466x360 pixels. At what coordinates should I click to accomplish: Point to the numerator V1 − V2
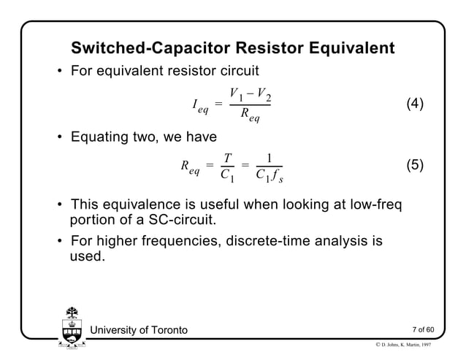[x=251, y=93]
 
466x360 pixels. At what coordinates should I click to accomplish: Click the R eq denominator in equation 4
[x=251, y=120]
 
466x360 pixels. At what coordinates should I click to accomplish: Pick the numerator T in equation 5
[x=228, y=156]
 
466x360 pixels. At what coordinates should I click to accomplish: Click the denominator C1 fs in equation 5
[x=270, y=175]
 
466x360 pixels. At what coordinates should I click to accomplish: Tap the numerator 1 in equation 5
[x=270, y=156]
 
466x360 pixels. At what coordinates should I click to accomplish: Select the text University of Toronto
[x=139, y=331]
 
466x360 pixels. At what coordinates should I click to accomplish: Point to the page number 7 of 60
[x=423, y=331]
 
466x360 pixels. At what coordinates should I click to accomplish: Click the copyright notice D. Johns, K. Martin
[x=416, y=345]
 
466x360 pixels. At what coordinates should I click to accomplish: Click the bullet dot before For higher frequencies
[x=60, y=241]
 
